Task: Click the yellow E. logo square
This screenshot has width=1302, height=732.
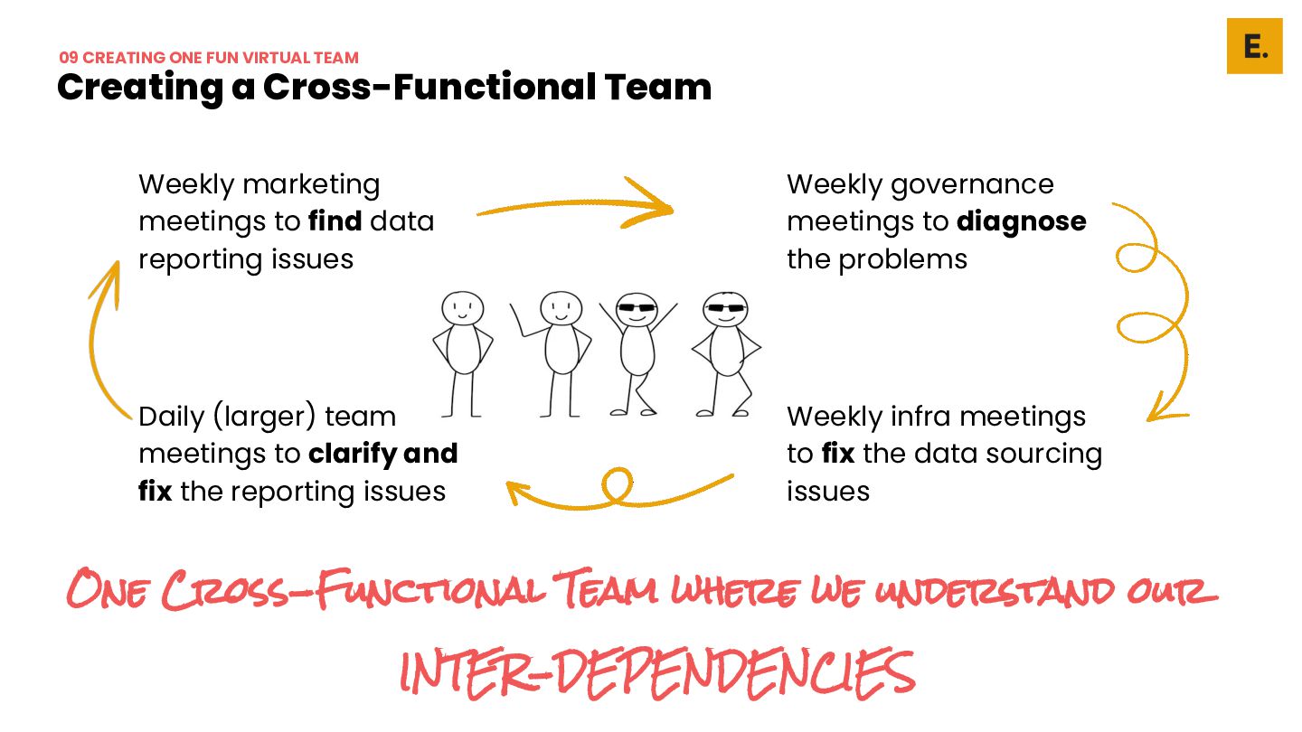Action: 1254,45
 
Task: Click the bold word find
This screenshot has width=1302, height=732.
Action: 335,221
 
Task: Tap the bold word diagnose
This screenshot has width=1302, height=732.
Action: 1021,221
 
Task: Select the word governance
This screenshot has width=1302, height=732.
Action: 972,184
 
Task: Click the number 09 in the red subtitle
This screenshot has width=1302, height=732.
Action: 69,58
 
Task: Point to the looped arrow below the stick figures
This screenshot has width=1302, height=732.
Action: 619,490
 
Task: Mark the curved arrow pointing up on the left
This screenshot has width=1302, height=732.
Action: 104,334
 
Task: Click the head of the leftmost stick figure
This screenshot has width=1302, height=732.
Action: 463,308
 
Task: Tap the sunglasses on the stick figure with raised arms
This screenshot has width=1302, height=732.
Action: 637,309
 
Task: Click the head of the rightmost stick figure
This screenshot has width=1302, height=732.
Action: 726,309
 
